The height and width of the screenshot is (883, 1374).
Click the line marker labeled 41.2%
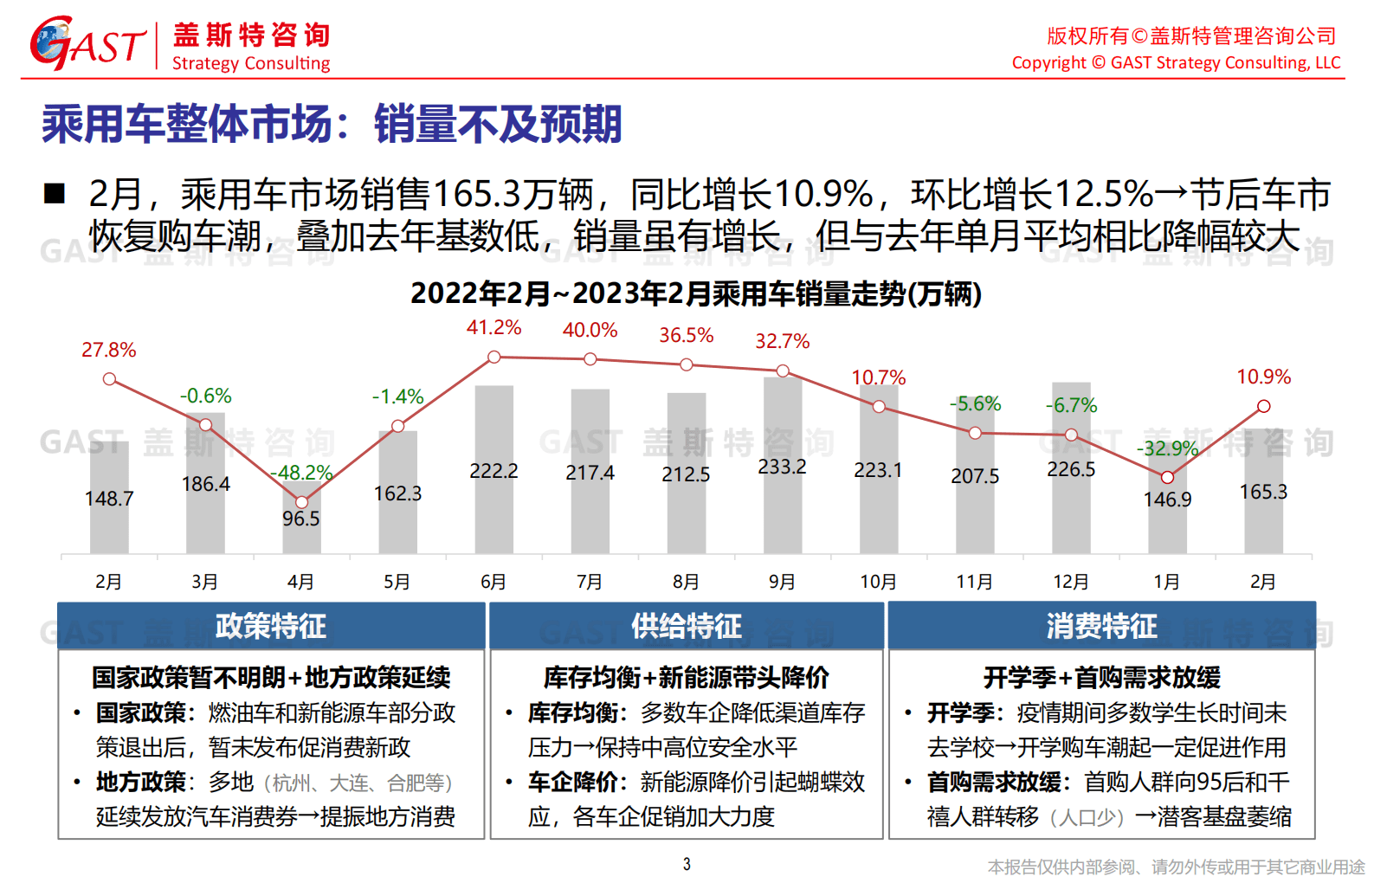click(x=493, y=357)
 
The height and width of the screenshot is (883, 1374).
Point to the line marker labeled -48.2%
click(x=301, y=502)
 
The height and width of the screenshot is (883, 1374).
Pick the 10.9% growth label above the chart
click(x=1263, y=377)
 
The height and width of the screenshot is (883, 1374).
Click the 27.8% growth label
click(x=109, y=350)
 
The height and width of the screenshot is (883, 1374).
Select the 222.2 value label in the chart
click(x=493, y=471)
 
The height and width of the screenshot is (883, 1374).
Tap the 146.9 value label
click(x=1167, y=500)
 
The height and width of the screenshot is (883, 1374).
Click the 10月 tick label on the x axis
click(x=878, y=582)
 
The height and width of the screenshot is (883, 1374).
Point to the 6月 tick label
click(x=493, y=582)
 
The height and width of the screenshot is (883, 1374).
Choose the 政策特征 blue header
click(x=271, y=626)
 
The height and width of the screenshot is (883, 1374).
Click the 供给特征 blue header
click(x=686, y=626)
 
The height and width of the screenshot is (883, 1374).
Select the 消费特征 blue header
click(x=1101, y=626)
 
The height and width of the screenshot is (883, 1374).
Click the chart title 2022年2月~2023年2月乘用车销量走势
click(x=695, y=293)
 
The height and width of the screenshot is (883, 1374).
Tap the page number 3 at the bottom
click(x=687, y=864)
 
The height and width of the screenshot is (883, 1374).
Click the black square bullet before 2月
click(x=55, y=193)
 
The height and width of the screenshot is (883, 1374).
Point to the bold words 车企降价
click(x=573, y=782)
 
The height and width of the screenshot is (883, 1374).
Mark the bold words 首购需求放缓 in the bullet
click(x=994, y=782)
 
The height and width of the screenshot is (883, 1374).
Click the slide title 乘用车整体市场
click(x=332, y=124)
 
